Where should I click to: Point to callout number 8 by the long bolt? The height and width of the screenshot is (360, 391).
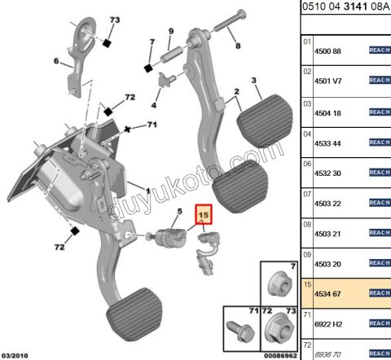(x=238, y=46)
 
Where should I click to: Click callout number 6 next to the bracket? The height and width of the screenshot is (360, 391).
(x=56, y=61)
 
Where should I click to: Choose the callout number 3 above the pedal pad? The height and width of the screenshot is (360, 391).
(x=255, y=79)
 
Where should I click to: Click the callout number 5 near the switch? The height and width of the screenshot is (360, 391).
(x=170, y=211)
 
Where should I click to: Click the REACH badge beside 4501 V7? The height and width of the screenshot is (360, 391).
(x=380, y=80)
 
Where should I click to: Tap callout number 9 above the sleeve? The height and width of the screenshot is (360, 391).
(x=171, y=32)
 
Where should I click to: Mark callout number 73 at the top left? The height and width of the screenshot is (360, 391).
(x=114, y=19)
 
